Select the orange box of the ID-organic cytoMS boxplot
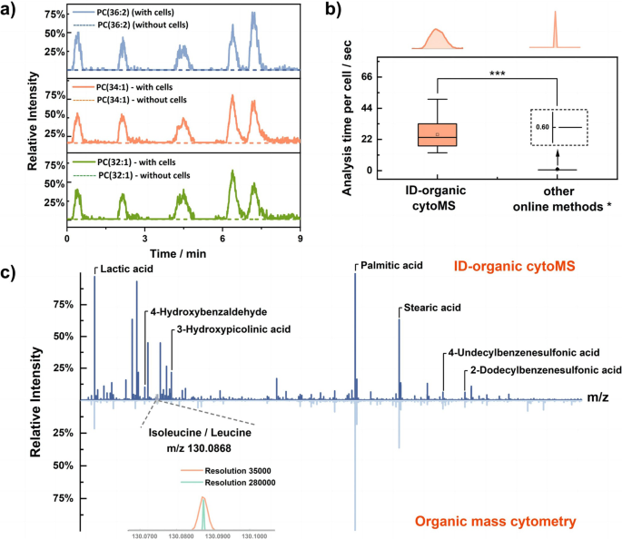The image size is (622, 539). click(437, 134)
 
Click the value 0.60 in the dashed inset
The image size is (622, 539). click(542, 128)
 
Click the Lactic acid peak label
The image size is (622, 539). click(126, 269)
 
